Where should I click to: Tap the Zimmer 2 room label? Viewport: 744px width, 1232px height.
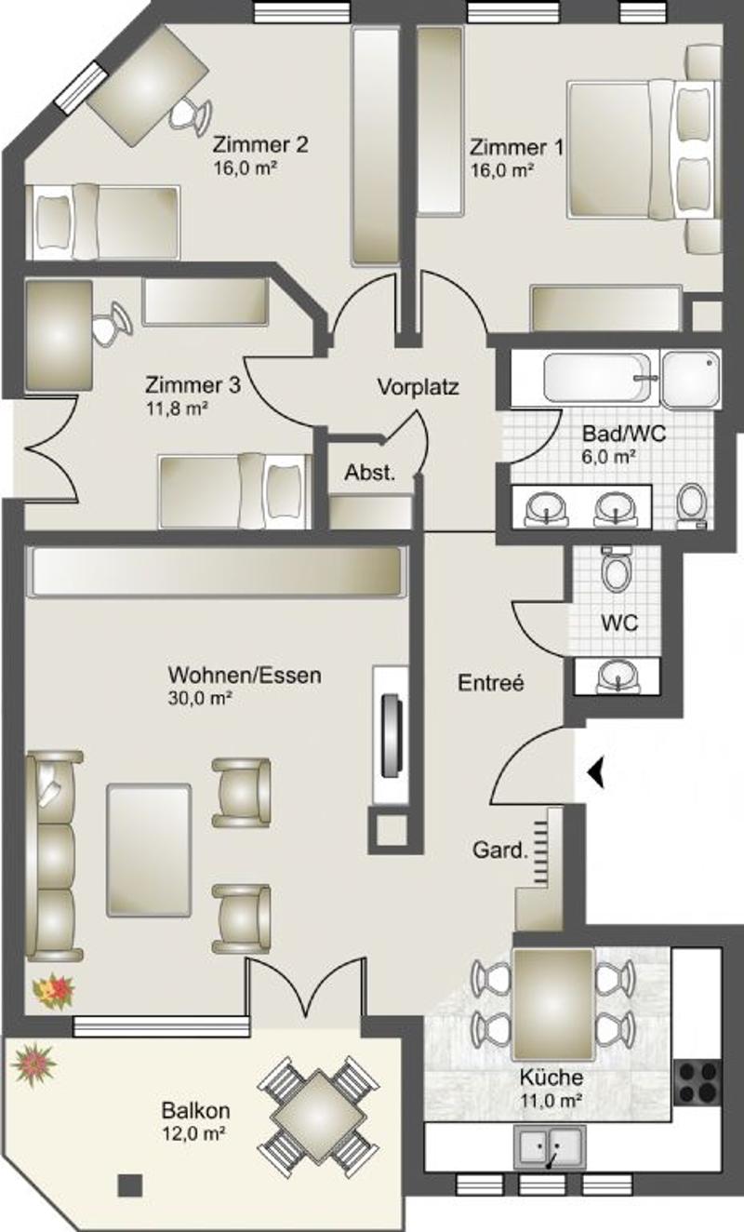260,144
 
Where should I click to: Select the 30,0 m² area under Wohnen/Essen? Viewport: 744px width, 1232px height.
200,698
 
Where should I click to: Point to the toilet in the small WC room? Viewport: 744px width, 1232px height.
617,569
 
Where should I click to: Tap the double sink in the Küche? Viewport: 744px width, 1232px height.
550,1146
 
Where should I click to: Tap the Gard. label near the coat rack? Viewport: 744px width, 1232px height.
499,850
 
